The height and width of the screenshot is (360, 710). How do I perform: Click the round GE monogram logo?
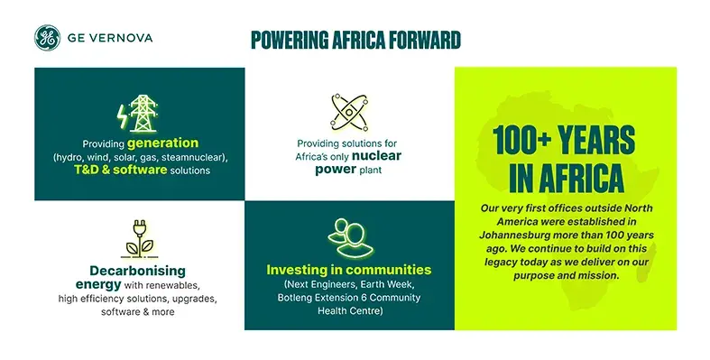48,38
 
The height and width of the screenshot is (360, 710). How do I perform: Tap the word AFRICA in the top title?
364,40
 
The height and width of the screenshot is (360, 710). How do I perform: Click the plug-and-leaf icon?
138,240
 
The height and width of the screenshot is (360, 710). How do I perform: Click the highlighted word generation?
163,143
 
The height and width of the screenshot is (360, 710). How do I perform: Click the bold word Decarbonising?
138,270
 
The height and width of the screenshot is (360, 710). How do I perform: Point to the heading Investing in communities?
349,270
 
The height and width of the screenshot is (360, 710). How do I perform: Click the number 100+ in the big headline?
529,143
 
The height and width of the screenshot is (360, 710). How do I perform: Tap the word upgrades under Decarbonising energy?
191,298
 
